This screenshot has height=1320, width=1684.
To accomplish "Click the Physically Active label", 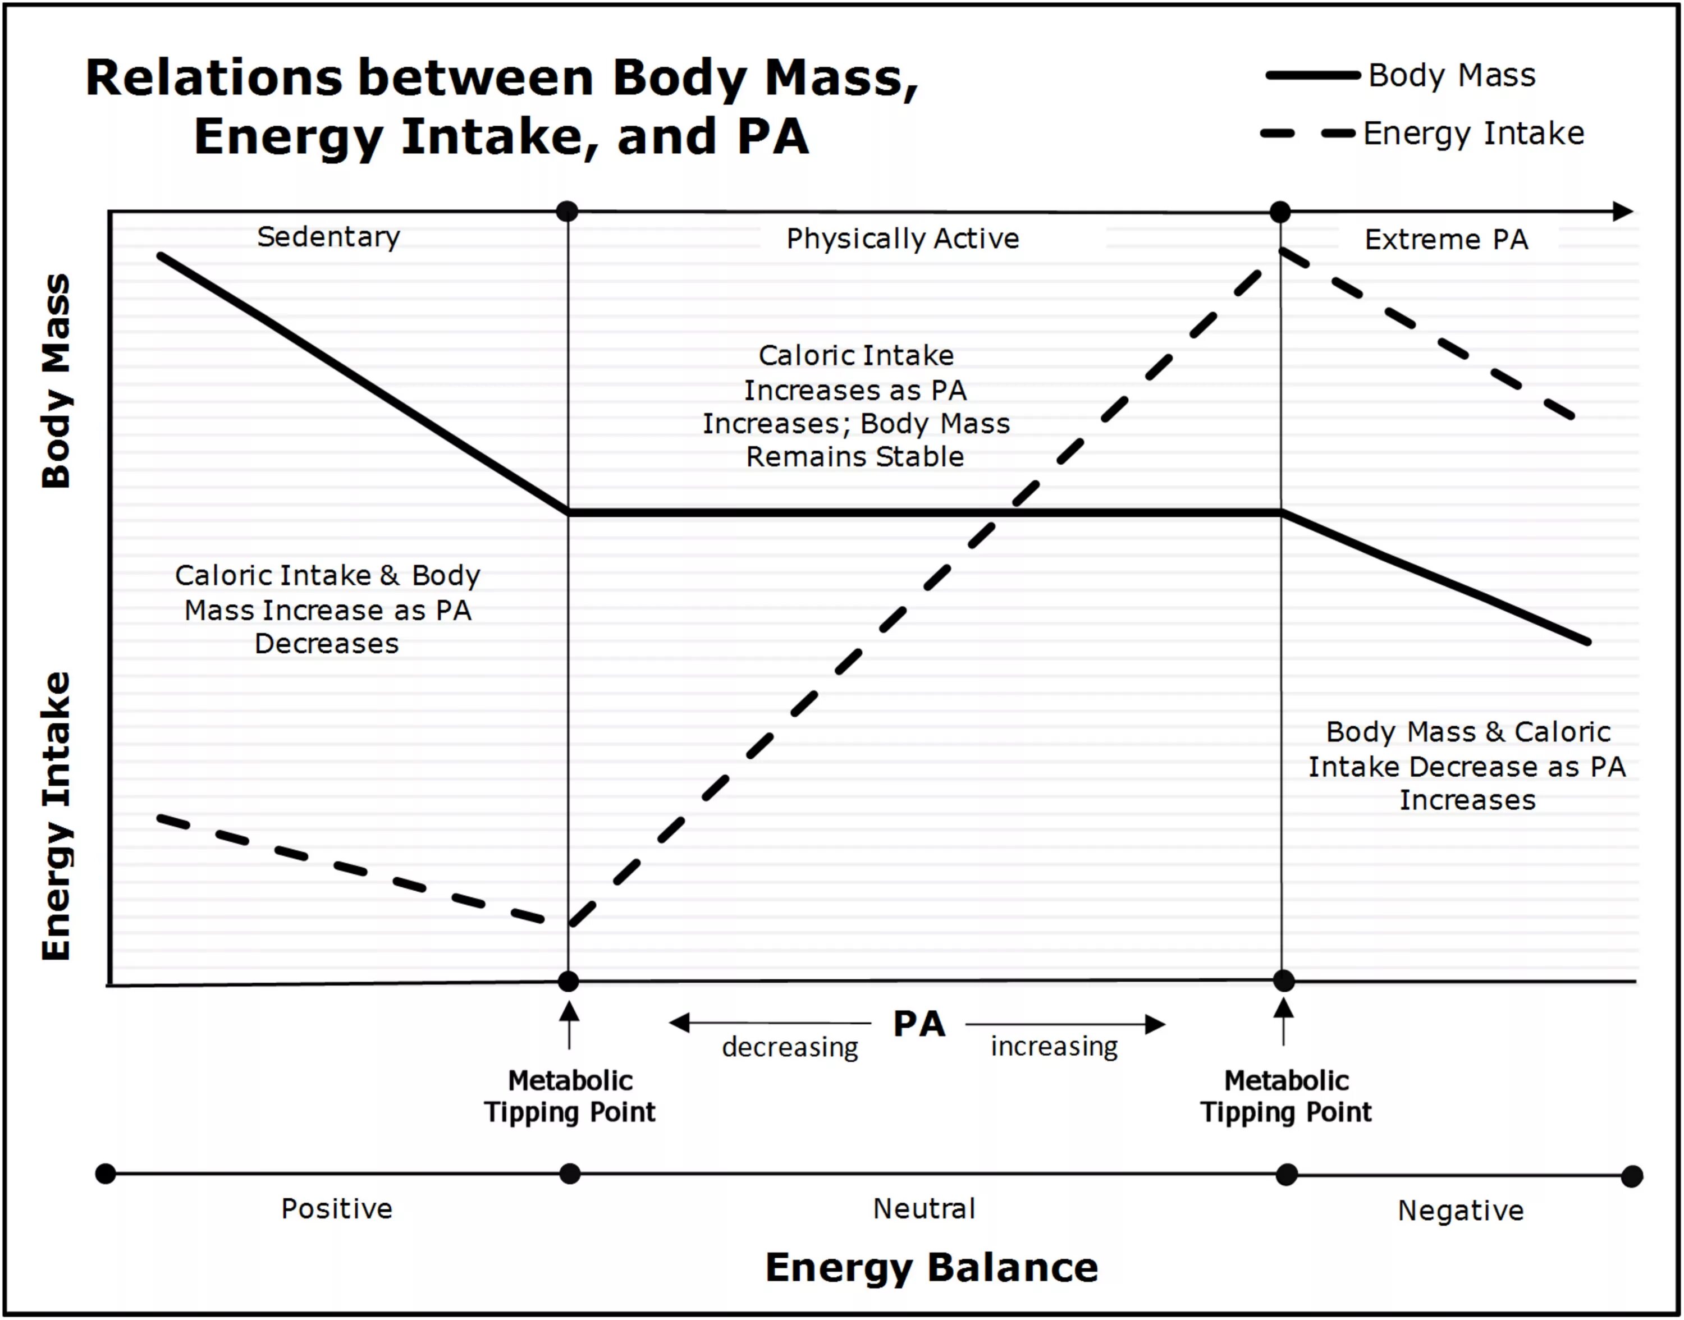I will click(903, 239).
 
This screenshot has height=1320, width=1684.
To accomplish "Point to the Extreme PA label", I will click(1446, 240).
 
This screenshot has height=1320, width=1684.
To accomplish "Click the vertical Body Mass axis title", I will click(56, 381).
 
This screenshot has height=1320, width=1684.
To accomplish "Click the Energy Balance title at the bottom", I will click(931, 1267).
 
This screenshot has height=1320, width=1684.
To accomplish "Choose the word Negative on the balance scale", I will click(1461, 1210).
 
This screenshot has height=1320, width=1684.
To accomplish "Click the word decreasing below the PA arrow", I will click(790, 1047).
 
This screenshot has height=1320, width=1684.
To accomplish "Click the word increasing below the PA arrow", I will click(1054, 1047).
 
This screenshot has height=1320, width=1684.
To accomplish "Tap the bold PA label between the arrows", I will click(919, 1024).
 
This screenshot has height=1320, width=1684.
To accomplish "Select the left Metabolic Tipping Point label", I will click(570, 1096).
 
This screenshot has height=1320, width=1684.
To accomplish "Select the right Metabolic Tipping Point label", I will click(1286, 1096).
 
